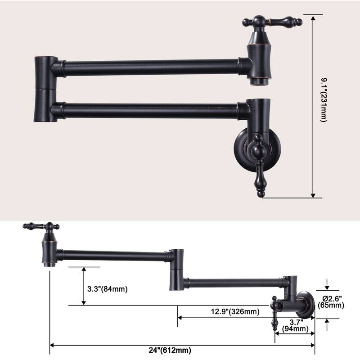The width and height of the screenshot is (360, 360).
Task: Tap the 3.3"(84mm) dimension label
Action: click(108, 289)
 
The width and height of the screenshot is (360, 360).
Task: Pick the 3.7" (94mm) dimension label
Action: click(295, 325)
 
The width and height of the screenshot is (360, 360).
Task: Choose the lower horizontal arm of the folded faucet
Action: click(148, 109)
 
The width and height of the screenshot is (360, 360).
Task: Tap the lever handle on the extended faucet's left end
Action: click(42, 226)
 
